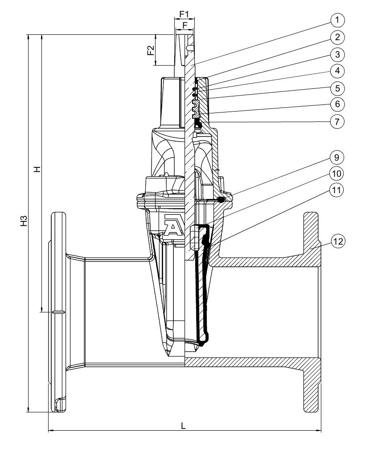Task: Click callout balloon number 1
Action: pyautogui.click(x=337, y=20)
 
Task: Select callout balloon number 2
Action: pyautogui.click(x=337, y=37)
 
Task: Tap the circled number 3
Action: pyautogui.click(x=337, y=54)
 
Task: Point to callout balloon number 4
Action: pyautogui.click(x=337, y=71)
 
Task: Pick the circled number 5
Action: pyautogui.click(x=337, y=87)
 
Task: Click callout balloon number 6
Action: pyautogui.click(x=337, y=104)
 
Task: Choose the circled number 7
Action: pyautogui.click(x=337, y=121)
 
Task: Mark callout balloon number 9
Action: pyautogui.click(x=337, y=157)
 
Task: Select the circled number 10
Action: pyautogui.click(x=337, y=173)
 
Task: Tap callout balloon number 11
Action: pyautogui.click(x=337, y=189)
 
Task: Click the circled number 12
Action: pyautogui.click(x=337, y=242)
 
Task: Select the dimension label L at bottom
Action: pyautogui.click(x=183, y=425)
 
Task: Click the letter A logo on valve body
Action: pyautogui.click(x=172, y=224)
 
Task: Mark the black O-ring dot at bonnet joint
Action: pyautogui.click(x=221, y=199)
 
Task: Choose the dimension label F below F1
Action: pyautogui.click(x=184, y=25)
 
